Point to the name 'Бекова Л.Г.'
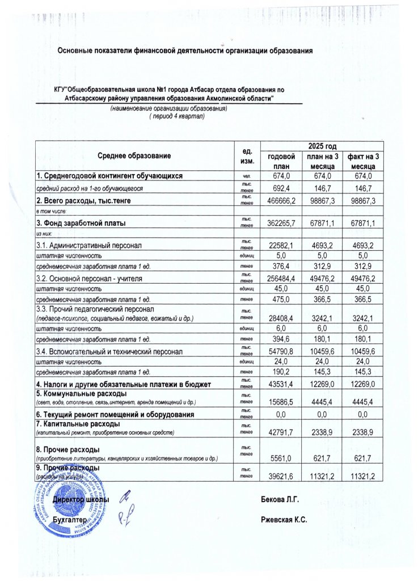[280, 499]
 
